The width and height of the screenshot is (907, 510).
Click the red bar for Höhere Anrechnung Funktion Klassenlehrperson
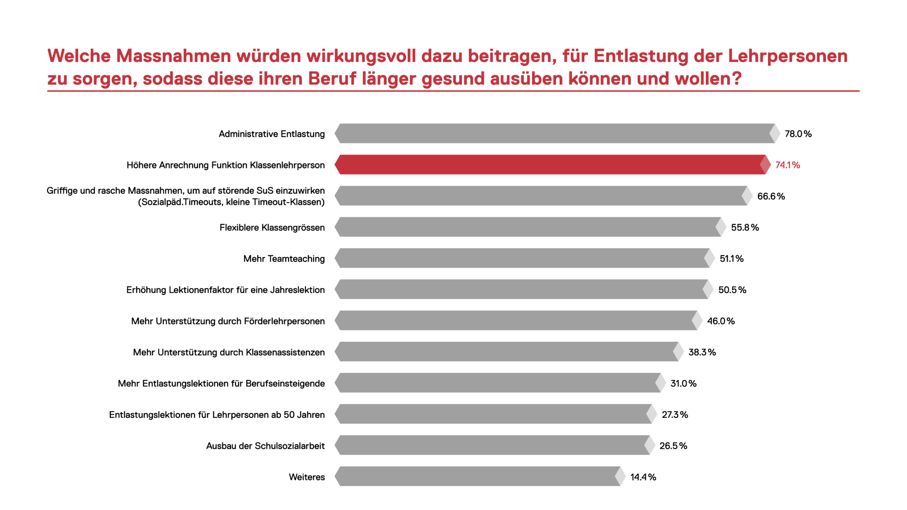pyautogui.click(x=549, y=165)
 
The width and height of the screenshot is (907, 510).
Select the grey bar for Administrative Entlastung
pyautogui.click(x=554, y=133)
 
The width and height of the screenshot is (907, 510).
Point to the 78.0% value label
pyautogui.click(x=798, y=134)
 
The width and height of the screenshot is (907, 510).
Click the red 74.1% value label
pyautogui.click(x=787, y=165)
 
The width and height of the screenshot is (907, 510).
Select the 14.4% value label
pyautogui.click(x=643, y=477)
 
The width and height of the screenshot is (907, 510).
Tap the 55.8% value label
pyautogui.click(x=745, y=228)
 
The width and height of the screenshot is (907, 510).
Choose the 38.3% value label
pyautogui.click(x=702, y=352)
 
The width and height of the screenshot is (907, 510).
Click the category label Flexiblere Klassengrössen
pyautogui.click(x=272, y=228)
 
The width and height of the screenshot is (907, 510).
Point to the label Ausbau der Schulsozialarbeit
pyautogui.click(x=265, y=446)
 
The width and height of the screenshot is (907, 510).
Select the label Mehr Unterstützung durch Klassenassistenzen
pyautogui.click(x=229, y=352)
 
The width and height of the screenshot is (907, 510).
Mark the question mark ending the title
pyautogui.click(x=736, y=79)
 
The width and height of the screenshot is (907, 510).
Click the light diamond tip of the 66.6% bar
pyautogui.click(x=747, y=196)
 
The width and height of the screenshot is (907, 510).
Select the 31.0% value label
pyautogui.click(x=683, y=383)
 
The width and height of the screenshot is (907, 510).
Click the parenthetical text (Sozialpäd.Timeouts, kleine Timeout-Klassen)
pyautogui.click(x=231, y=202)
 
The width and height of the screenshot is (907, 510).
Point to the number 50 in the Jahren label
pyautogui.click(x=289, y=415)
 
